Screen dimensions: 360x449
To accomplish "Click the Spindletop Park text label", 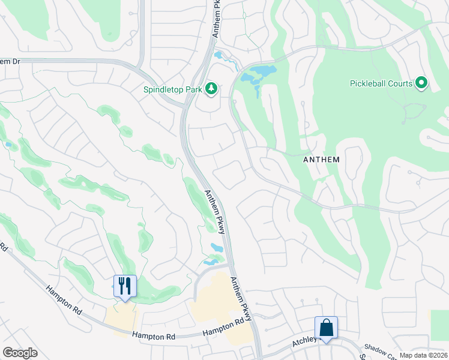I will (x=172, y=90).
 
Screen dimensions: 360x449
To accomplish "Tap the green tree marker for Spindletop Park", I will (x=211, y=89).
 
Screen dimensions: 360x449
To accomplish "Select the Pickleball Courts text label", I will (x=381, y=83).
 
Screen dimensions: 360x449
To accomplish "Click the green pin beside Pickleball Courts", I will (x=421, y=83).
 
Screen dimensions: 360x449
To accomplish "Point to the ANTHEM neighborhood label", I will (x=321, y=160).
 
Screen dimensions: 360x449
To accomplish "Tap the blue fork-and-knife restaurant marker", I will (x=125, y=286).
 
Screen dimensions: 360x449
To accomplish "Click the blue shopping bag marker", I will (x=326, y=328).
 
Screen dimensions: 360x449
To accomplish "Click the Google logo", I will (x=20, y=353).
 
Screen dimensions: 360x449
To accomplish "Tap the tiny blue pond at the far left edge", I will (x=8, y=145).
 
